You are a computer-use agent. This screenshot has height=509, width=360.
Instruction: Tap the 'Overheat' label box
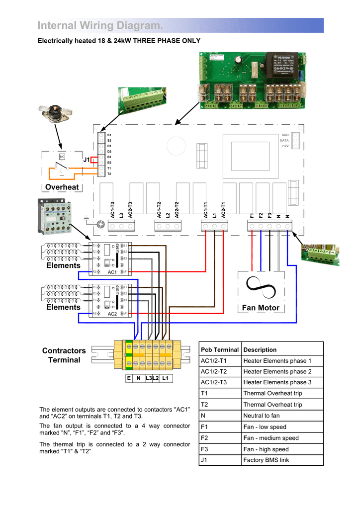pos(62,187)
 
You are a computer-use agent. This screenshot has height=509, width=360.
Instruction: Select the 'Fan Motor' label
pos(261,308)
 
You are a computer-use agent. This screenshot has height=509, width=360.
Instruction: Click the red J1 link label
pos(87,160)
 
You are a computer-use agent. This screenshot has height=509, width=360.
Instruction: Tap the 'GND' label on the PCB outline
pos(285,135)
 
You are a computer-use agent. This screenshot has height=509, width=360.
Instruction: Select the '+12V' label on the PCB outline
pos(285,146)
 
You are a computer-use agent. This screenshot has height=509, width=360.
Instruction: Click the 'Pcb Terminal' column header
pos(219,349)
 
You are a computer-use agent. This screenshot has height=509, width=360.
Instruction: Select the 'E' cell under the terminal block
pos(129,378)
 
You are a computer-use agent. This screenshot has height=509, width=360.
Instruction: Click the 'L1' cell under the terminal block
pos(166,378)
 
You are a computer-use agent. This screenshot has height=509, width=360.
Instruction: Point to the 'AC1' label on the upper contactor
pos(112,272)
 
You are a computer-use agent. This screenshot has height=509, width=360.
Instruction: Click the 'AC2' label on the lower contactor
pos(112,314)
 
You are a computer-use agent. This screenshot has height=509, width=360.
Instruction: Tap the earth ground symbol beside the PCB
pos(88,217)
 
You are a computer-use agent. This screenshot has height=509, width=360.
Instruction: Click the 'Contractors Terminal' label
pos(64,355)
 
